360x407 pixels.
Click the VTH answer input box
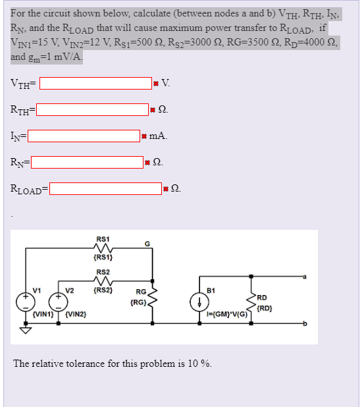coord(95,84)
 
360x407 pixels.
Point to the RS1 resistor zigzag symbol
coord(103,248)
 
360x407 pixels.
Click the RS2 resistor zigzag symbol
coord(103,281)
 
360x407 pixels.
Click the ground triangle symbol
coord(26,331)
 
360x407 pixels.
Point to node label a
coord(305,277)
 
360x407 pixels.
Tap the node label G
coord(147,244)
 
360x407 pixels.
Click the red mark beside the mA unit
coord(143,136)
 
